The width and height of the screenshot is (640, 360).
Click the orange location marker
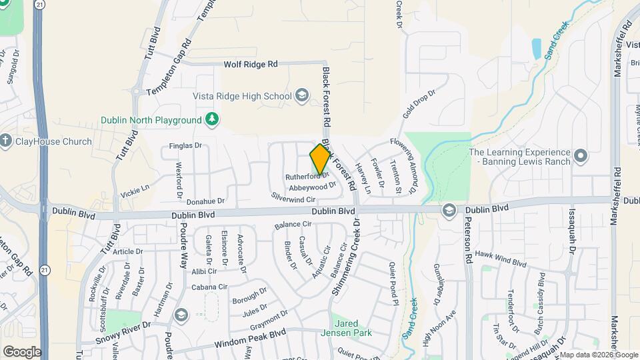pos(321,159)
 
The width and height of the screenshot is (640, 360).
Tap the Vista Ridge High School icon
pos(302,96)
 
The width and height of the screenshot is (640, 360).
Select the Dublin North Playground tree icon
pos(212,119)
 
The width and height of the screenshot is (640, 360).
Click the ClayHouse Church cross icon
pos(6,141)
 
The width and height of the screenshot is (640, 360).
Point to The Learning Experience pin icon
pos(580,157)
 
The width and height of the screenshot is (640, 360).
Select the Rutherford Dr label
pos(303,177)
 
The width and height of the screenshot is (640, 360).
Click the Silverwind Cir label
pos(293,199)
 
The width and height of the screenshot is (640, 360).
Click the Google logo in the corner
pos(22,351)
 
